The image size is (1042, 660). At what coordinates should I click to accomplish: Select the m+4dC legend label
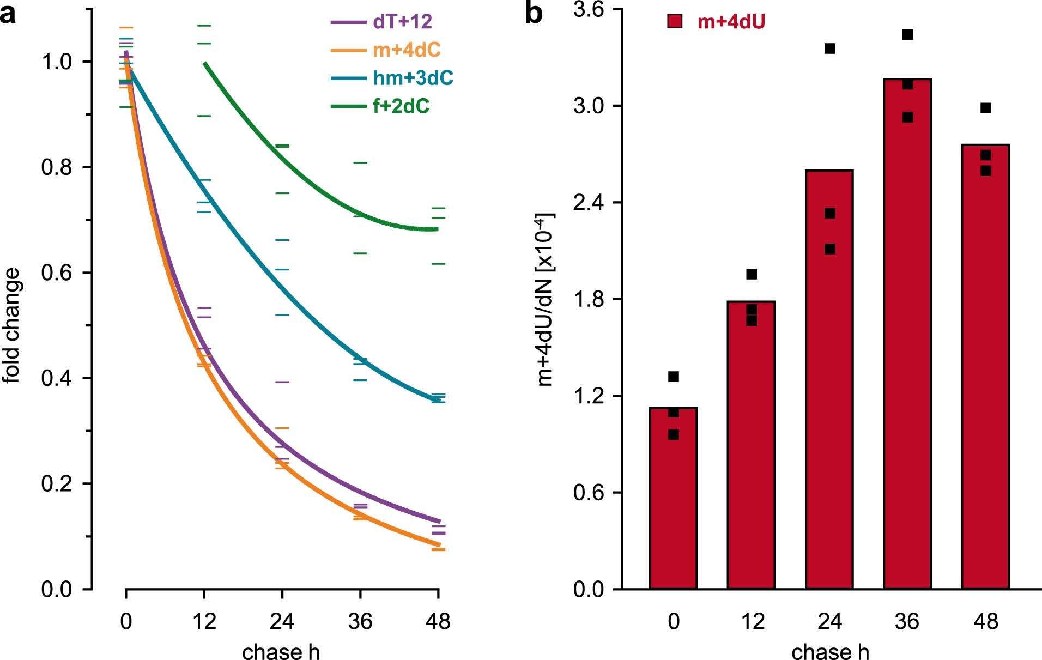point(407,50)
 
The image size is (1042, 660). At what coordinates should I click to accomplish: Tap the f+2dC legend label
point(401,106)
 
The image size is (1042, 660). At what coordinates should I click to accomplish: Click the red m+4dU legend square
point(675,22)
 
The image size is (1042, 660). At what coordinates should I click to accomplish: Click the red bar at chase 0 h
point(673,498)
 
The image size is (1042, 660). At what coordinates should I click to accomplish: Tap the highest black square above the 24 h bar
point(830,49)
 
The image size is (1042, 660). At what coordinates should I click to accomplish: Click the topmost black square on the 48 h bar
point(986,108)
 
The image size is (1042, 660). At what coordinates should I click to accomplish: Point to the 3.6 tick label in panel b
point(589,10)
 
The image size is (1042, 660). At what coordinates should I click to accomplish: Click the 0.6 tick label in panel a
point(57,273)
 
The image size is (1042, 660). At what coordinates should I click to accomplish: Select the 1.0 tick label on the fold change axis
point(57,62)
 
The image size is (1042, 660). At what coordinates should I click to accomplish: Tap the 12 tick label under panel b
point(752,622)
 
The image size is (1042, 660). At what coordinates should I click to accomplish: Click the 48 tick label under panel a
point(438,622)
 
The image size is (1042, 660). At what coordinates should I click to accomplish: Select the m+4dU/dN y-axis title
point(545,300)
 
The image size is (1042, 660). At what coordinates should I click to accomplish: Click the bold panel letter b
point(534,14)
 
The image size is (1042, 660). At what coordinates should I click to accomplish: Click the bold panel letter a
point(8,14)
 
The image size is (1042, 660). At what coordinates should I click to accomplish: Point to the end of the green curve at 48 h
point(436,229)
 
